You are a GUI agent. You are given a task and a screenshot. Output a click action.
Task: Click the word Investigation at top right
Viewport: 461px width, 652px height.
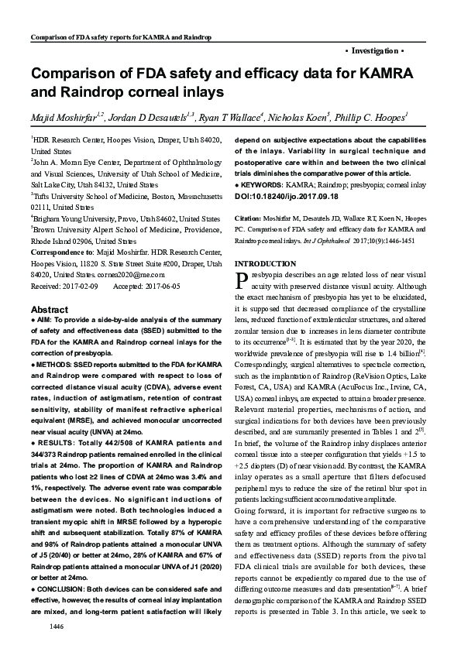(x=373, y=50)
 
